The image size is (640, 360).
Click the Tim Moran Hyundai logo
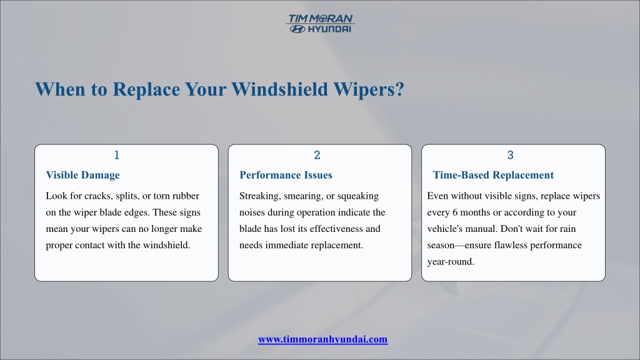pos(321,24)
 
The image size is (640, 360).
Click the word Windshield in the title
pos(279,89)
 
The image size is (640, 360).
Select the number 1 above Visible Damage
pos(117,155)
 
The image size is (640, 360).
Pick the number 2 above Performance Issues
pos(317,155)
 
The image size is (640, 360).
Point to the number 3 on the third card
pos(510,155)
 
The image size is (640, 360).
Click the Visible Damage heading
pos(83,175)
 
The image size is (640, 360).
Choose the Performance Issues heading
pos(286,175)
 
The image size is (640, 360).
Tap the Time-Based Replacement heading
pos(493,175)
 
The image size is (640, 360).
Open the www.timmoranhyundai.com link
pos(323,339)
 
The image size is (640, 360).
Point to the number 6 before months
pos(455,212)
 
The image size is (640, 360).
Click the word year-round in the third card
pos(451,262)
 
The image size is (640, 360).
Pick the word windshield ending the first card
pos(166,245)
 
